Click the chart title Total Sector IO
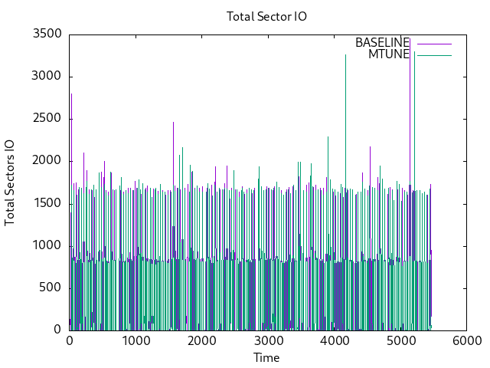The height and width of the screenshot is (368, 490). tap(266, 17)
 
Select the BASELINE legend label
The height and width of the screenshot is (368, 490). tap(382, 43)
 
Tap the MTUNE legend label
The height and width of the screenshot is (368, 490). tap(389, 54)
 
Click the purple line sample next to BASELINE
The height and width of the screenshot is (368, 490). tap(432, 43)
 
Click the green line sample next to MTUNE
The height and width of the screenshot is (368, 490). tap(432, 54)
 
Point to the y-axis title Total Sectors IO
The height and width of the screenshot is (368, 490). tap(10, 182)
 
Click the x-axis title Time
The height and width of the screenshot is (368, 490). tap(266, 358)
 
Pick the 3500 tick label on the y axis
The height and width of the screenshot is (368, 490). tap(47, 34)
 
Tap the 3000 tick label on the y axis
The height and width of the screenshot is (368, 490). tap(47, 77)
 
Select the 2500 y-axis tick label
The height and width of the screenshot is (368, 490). tap(47, 119)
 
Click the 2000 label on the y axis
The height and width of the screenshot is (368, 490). tap(47, 161)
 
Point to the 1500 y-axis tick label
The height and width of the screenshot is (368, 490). tap(47, 203)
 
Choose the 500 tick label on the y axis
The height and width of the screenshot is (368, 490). tap(52, 287)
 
